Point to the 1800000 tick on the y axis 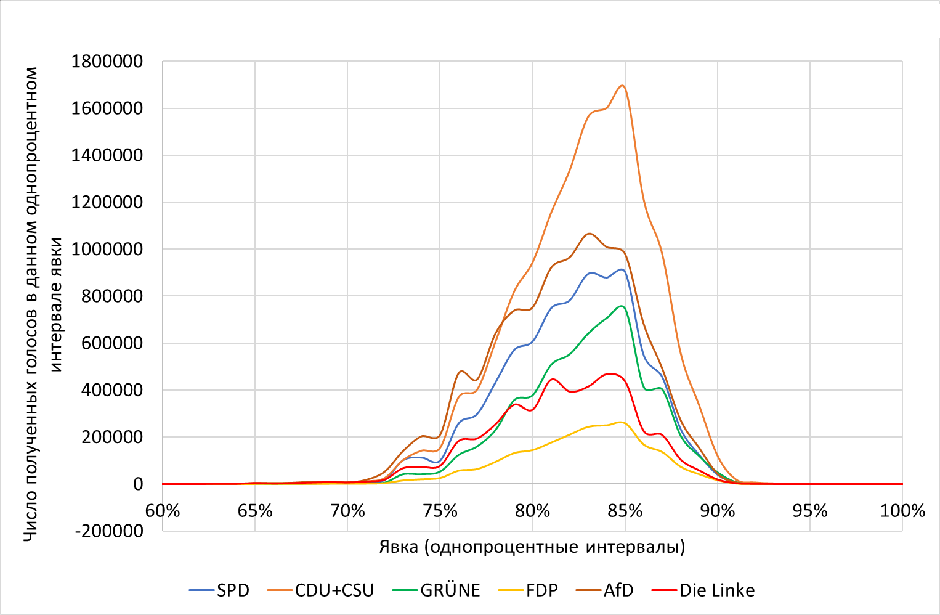tap(107, 62)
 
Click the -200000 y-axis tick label tap(109, 531)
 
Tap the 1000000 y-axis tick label tap(107, 250)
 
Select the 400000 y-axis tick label tap(112, 390)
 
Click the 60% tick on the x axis tap(163, 511)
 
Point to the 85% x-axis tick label tap(625, 511)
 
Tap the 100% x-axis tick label tap(902, 511)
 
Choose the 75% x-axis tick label tap(440, 511)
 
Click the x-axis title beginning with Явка tap(532, 547)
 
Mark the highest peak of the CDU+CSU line tap(622, 86)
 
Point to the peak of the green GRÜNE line tap(622, 306)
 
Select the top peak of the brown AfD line tap(590, 234)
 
